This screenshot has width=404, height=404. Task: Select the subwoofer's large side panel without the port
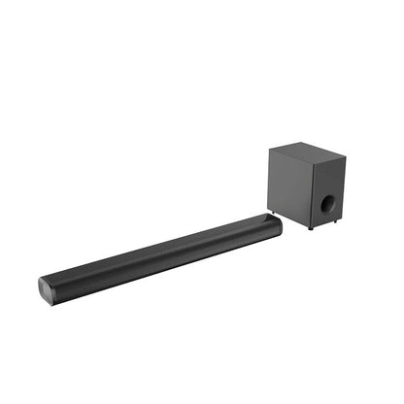click(288, 185)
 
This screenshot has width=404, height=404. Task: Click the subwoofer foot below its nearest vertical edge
click(311, 228)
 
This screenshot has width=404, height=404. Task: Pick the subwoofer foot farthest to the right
click(337, 220)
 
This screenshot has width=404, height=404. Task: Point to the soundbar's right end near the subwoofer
click(276, 225)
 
